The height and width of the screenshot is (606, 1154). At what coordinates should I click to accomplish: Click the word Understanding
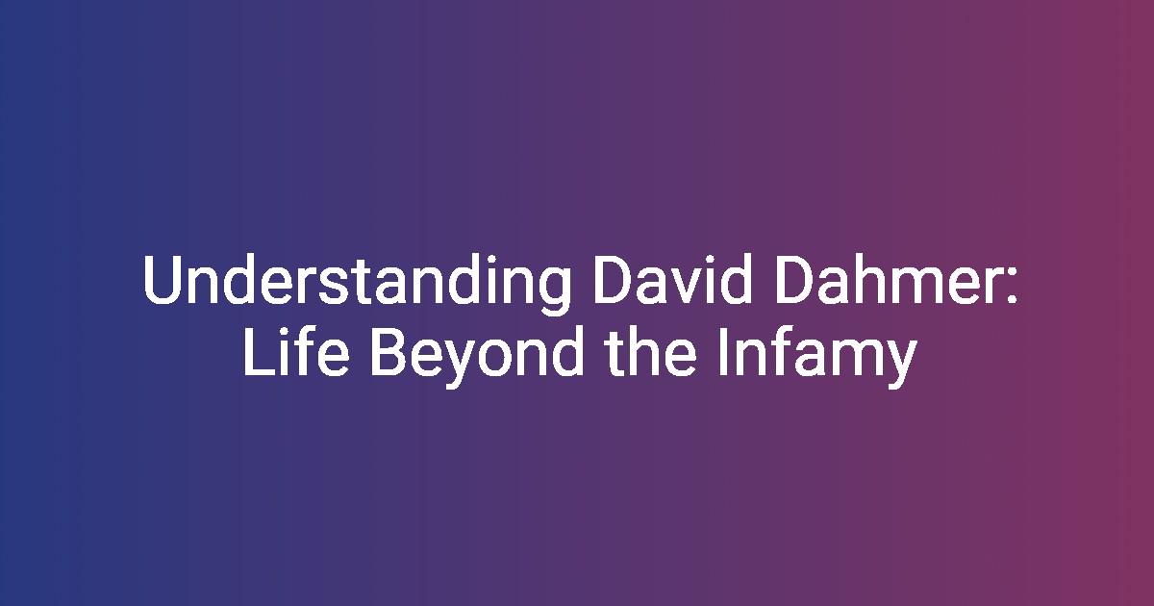tap(357, 284)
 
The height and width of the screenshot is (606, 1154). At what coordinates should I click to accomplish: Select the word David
tap(671, 279)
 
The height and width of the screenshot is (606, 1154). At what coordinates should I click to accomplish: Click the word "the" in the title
tap(651, 350)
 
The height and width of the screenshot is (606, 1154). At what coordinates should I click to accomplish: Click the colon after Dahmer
tap(1012, 285)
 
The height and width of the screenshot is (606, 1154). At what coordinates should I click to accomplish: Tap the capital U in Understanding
tap(163, 279)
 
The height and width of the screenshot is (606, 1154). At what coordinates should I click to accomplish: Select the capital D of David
tap(614, 279)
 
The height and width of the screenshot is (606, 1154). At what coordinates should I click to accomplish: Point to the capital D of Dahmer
tap(794, 279)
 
